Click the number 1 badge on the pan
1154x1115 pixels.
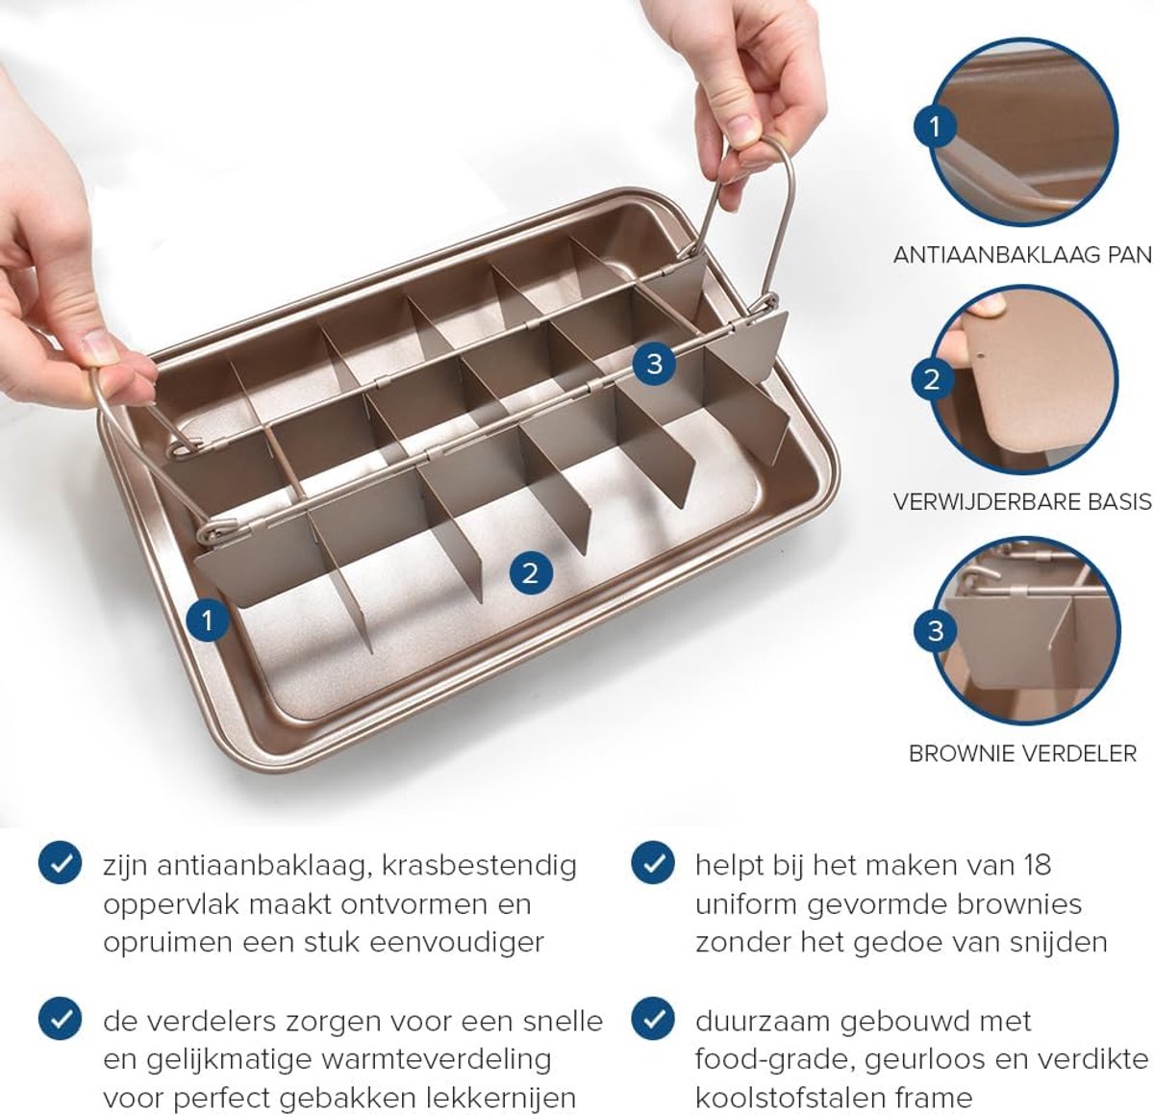point(207,620)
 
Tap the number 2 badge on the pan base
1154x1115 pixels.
point(530,572)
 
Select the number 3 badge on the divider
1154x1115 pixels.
point(654,364)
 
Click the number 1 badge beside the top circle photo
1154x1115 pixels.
point(935,127)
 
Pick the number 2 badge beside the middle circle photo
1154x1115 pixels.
point(932,379)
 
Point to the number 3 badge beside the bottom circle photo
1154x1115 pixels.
point(936,630)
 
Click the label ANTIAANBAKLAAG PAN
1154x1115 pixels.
point(1022,255)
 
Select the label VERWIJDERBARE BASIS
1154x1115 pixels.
point(1022,502)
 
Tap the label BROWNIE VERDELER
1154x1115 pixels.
point(1022,754)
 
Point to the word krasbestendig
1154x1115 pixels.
point(479,866)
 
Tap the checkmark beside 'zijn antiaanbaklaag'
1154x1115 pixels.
point(60,863)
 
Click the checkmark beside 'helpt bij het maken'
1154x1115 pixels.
point(653,863)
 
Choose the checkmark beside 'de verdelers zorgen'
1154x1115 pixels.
point(60,1019)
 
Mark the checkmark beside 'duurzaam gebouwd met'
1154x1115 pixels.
point(653,1019)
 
